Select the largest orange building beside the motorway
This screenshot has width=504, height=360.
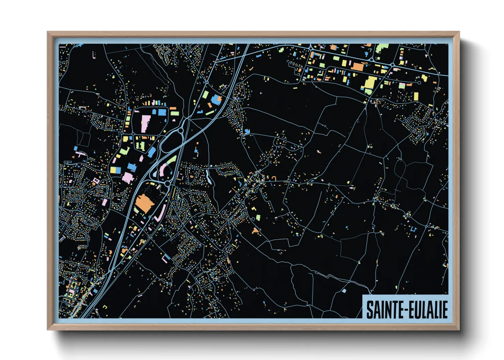pos(144,203)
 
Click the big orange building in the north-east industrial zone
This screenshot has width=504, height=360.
pos(357,66)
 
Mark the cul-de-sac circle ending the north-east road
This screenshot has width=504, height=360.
pos(420,83)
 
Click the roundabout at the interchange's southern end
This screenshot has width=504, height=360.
pos(168,183)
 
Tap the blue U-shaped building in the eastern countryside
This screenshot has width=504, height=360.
pos(413,229)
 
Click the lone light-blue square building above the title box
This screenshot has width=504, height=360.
pos(344,291)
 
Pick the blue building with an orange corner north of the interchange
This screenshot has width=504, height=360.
pos(216,99)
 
